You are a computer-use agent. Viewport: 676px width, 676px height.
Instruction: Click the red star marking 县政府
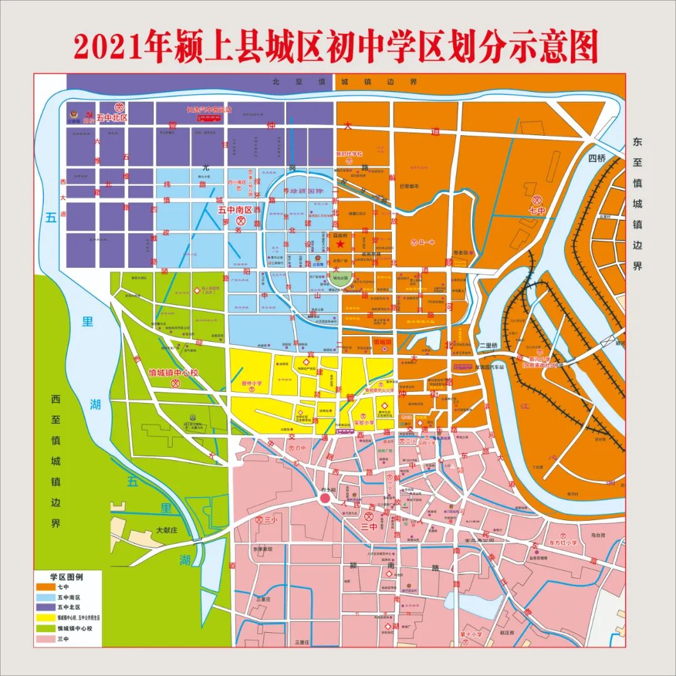point(340,243)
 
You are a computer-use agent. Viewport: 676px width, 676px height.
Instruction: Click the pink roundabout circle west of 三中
point(325,499)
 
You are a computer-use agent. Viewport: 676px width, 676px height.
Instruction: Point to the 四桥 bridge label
point(597,158)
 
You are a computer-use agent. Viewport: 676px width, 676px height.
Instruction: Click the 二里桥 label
point(487,346)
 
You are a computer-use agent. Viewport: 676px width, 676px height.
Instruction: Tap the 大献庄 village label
point(168,530)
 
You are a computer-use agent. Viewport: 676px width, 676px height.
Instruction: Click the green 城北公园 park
point(340,280)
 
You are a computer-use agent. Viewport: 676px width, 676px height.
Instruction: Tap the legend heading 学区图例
point(66,576)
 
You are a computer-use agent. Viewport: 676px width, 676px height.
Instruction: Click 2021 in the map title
point(108,47)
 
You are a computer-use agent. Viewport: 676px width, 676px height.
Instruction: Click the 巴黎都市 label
point(408,187)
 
